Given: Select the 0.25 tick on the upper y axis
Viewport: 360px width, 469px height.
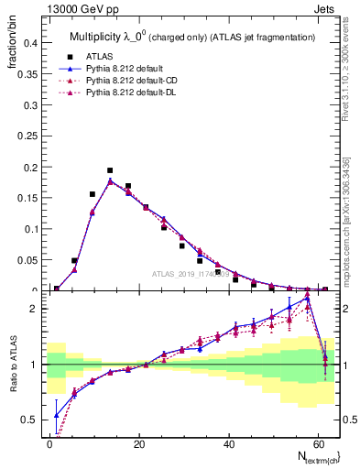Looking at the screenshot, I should [x=27, y=136].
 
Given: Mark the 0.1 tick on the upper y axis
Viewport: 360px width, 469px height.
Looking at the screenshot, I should [x=29, y=229].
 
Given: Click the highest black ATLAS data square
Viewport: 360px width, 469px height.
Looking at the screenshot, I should [x=110, y=170].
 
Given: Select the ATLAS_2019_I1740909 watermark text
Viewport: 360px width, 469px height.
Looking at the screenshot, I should [x=190, y=274].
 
